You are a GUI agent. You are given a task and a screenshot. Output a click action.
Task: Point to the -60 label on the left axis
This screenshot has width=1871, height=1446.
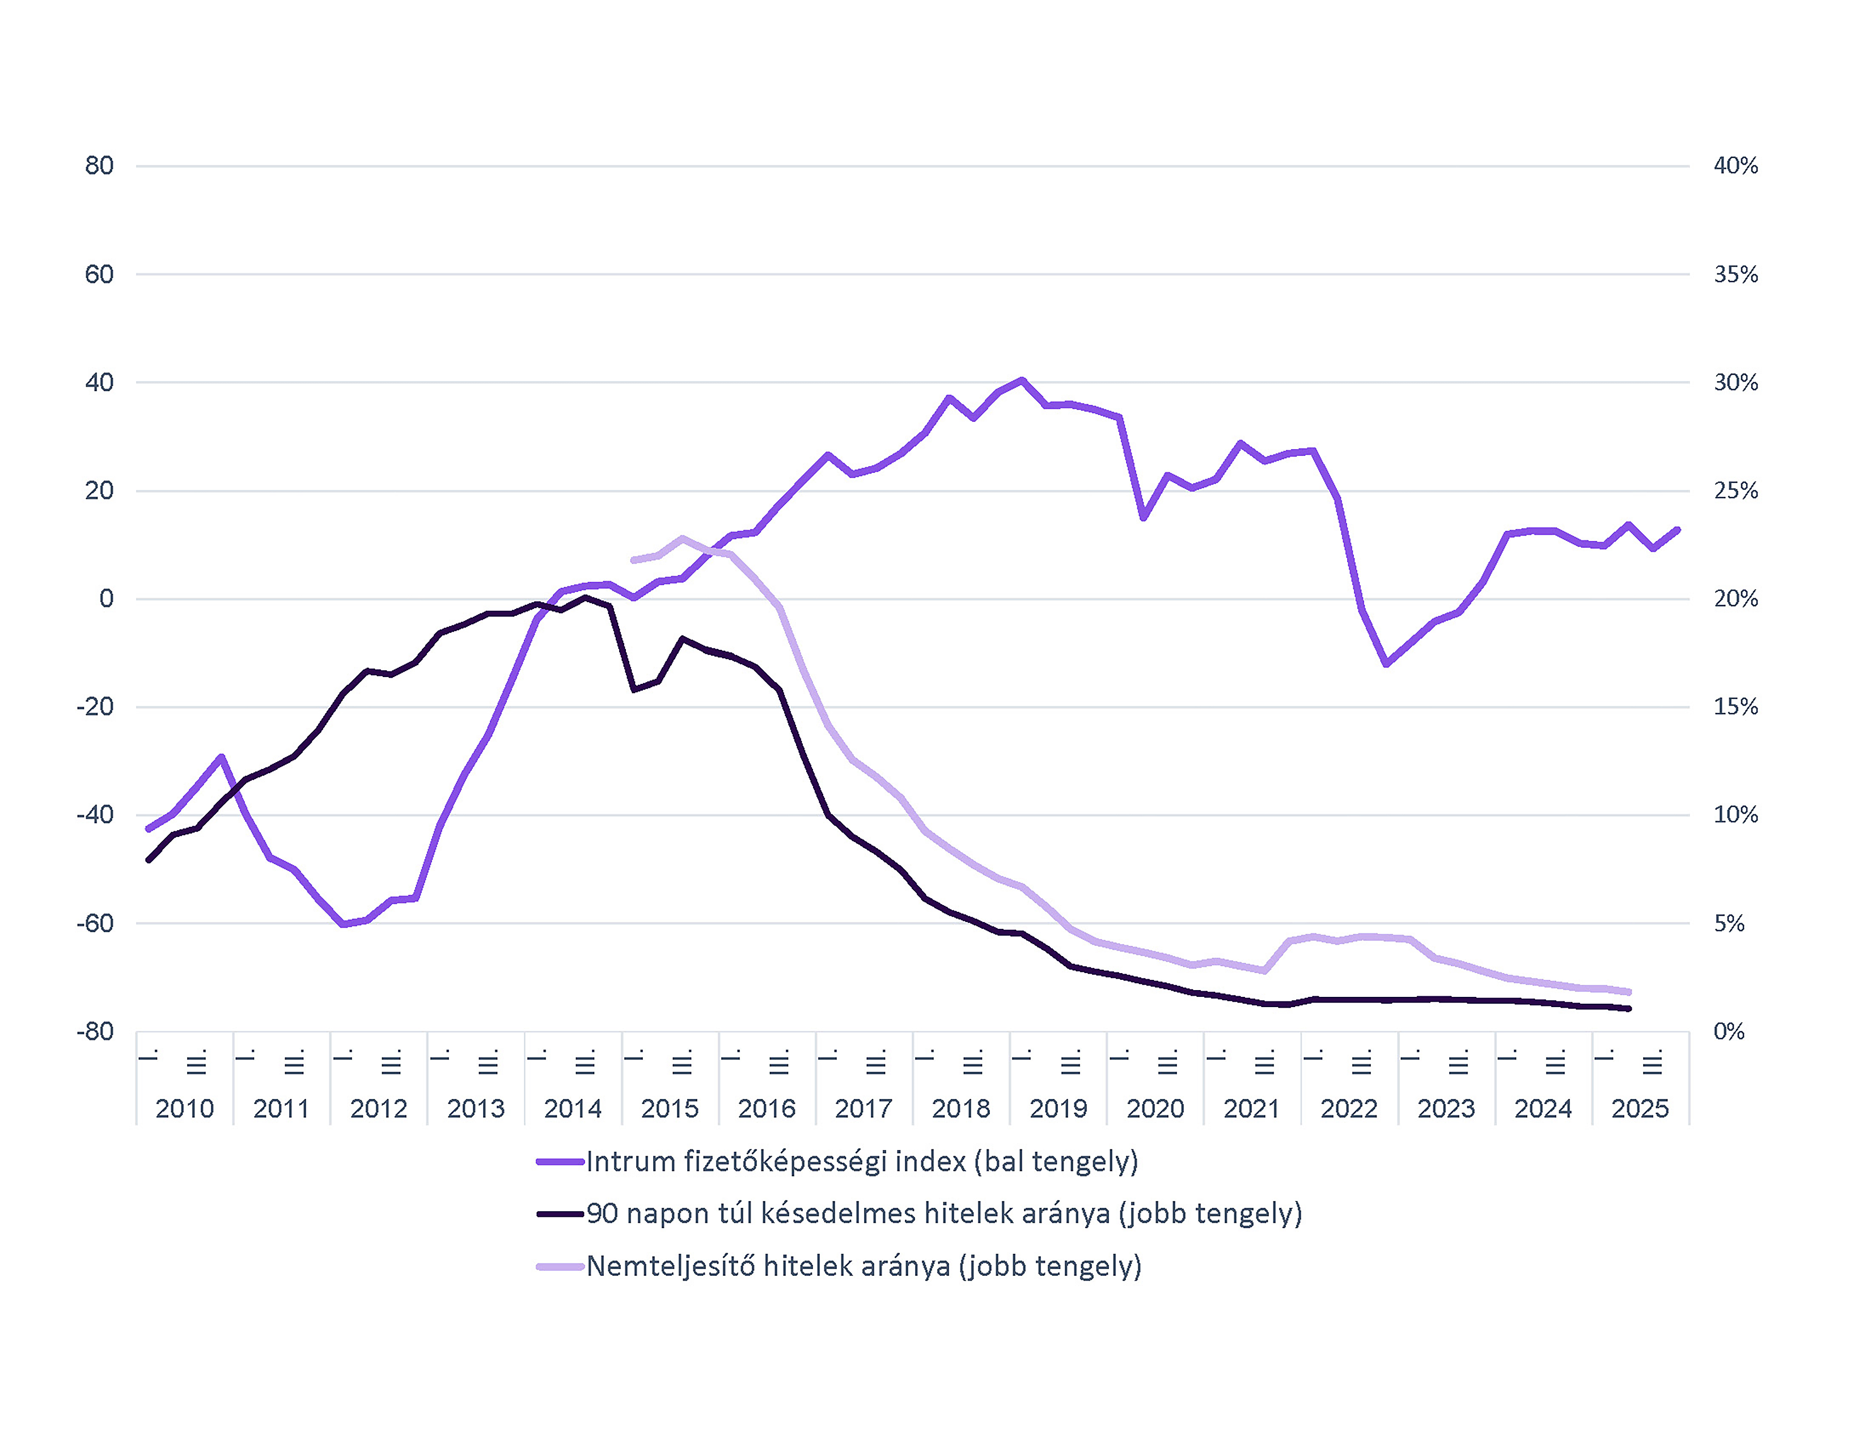pos(95,923)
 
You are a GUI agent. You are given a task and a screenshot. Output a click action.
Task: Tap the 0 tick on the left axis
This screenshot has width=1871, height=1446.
pos(106,599)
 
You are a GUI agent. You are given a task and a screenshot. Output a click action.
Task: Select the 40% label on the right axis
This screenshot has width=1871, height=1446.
pos(1735,166)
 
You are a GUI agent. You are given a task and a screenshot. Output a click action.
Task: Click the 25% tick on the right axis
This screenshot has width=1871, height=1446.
pos(1735,491)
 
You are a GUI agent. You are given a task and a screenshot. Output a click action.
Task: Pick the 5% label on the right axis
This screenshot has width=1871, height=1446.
pos(1729,923)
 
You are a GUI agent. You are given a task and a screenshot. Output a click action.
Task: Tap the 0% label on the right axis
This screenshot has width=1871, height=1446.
pos(1729,1031)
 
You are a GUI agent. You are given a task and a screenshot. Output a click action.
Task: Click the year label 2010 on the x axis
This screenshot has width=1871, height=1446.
pos(184,1108)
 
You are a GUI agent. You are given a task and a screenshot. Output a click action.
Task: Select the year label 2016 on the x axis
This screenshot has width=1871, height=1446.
pos(767,1108)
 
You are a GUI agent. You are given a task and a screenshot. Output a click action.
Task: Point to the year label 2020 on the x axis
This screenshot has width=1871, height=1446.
pos(1155,1108)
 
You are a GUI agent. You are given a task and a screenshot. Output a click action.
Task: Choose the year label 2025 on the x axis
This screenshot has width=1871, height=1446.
pos(1640,1108)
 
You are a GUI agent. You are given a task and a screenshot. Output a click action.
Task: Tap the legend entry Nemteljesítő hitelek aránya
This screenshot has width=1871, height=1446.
pos(864,1266)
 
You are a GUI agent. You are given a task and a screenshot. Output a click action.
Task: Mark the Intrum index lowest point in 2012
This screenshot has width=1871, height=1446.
pos(343,924)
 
